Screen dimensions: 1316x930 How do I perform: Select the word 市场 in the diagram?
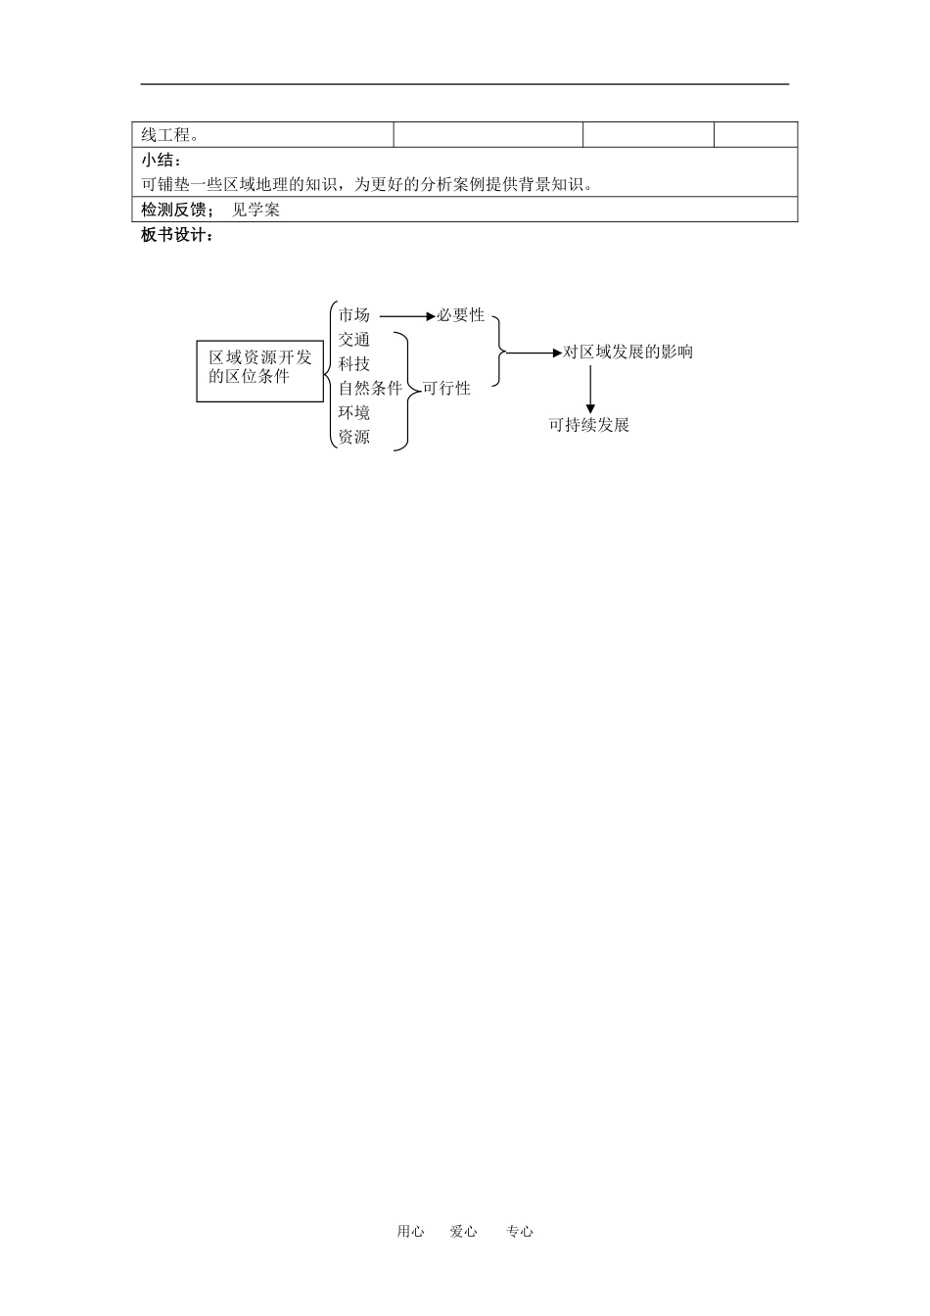[x=354, y=315]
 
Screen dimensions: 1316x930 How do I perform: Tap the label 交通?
[x=354, y=340]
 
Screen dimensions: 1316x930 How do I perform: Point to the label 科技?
[x=354, y=364]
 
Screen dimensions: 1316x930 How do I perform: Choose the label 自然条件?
[x=370, y=389]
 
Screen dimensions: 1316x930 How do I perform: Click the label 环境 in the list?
[x=354, y=413]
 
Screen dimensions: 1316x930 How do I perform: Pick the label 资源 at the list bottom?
[x=354, y=438]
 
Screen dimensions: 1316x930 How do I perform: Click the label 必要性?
[x=461, y=315]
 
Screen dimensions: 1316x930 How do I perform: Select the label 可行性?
[x=446, y=389]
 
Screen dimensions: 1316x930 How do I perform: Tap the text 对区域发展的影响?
[x=628, y=352]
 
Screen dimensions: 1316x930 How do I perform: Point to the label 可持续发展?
[x=588, y=425]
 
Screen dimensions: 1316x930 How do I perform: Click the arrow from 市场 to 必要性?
[x=406, y=316]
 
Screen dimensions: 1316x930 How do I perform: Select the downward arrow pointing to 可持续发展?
[x=590, y=388]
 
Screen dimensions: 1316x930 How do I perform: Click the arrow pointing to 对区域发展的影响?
[x=535, y=352]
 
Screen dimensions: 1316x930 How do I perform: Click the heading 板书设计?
[x=177, y=235]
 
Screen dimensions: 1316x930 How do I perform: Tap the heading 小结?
[x=163, y=161]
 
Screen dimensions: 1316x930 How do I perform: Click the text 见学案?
[x=256, y=210]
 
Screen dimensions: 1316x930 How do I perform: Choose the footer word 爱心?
[x=463, y=1232]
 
